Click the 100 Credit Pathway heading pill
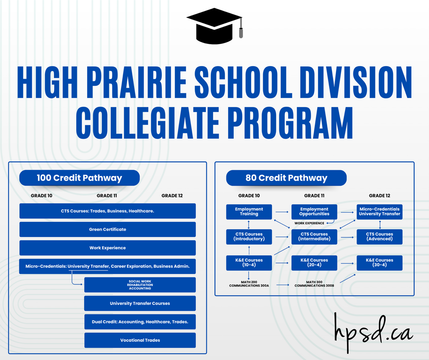pyautogui.click(x=79, y=178)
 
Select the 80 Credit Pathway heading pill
pyautogui.click(x=286, y=178)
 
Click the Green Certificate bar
pyautogui.click(x=107, y=229)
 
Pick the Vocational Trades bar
pyautogui.click(x=140, y=340)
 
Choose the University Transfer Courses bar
pyautogui.click(x=140, y=303)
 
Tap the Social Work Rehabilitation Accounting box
pyautogui.click(x=140, y=285)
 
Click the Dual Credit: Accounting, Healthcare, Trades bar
pyautogui.click(x=140, y=322)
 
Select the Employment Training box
pyautogui.click(x=249, y=211)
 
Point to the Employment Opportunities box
pyautogui.click(x=314, y=211)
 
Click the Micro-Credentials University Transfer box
pyautogui.click(x=380, y=211)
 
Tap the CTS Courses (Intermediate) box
pyautogui.click(x=314, y=237)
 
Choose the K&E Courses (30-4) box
pyautogui.click(x=380, y=262)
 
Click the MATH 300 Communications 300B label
pyautogui.click(x=314, y=284)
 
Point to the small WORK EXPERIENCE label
pyautogui.click(x=309, y=223)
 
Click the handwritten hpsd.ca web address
pyautogui.click(x=373, y=332)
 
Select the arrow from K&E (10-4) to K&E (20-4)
pyautogui.click(x=282, y=263)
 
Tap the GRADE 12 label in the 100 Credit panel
pyautogui.click(x=172, y=196)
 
